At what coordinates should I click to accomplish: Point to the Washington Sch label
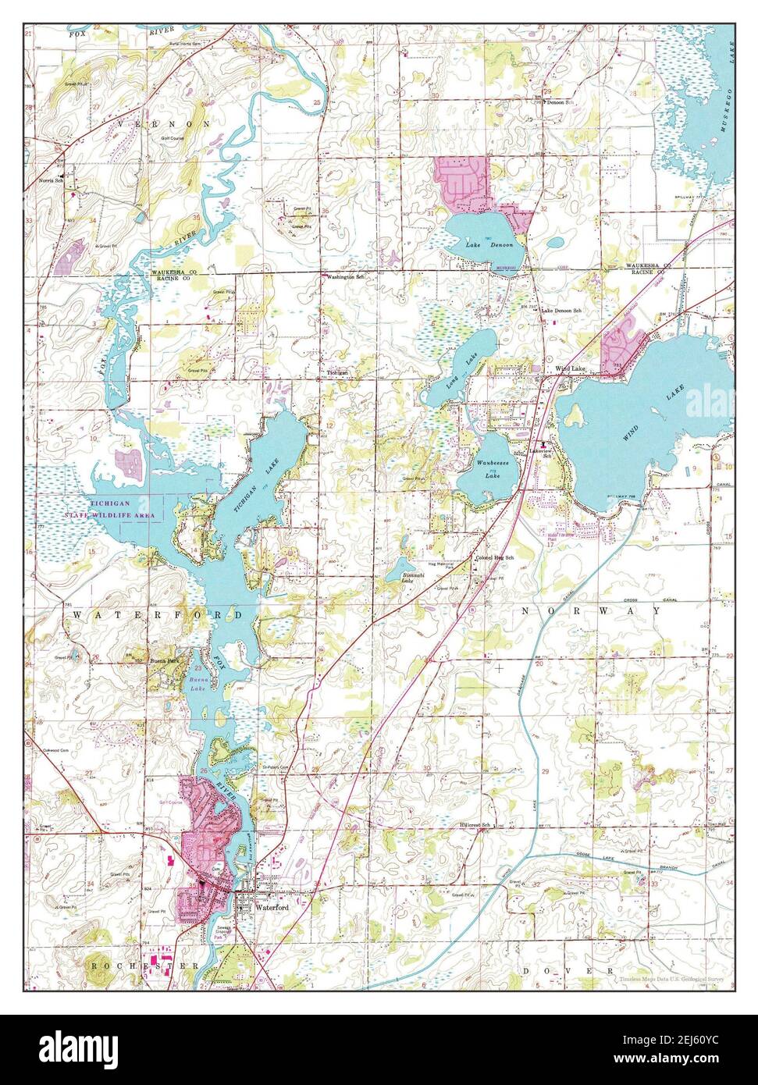click(x=346, y=277)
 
